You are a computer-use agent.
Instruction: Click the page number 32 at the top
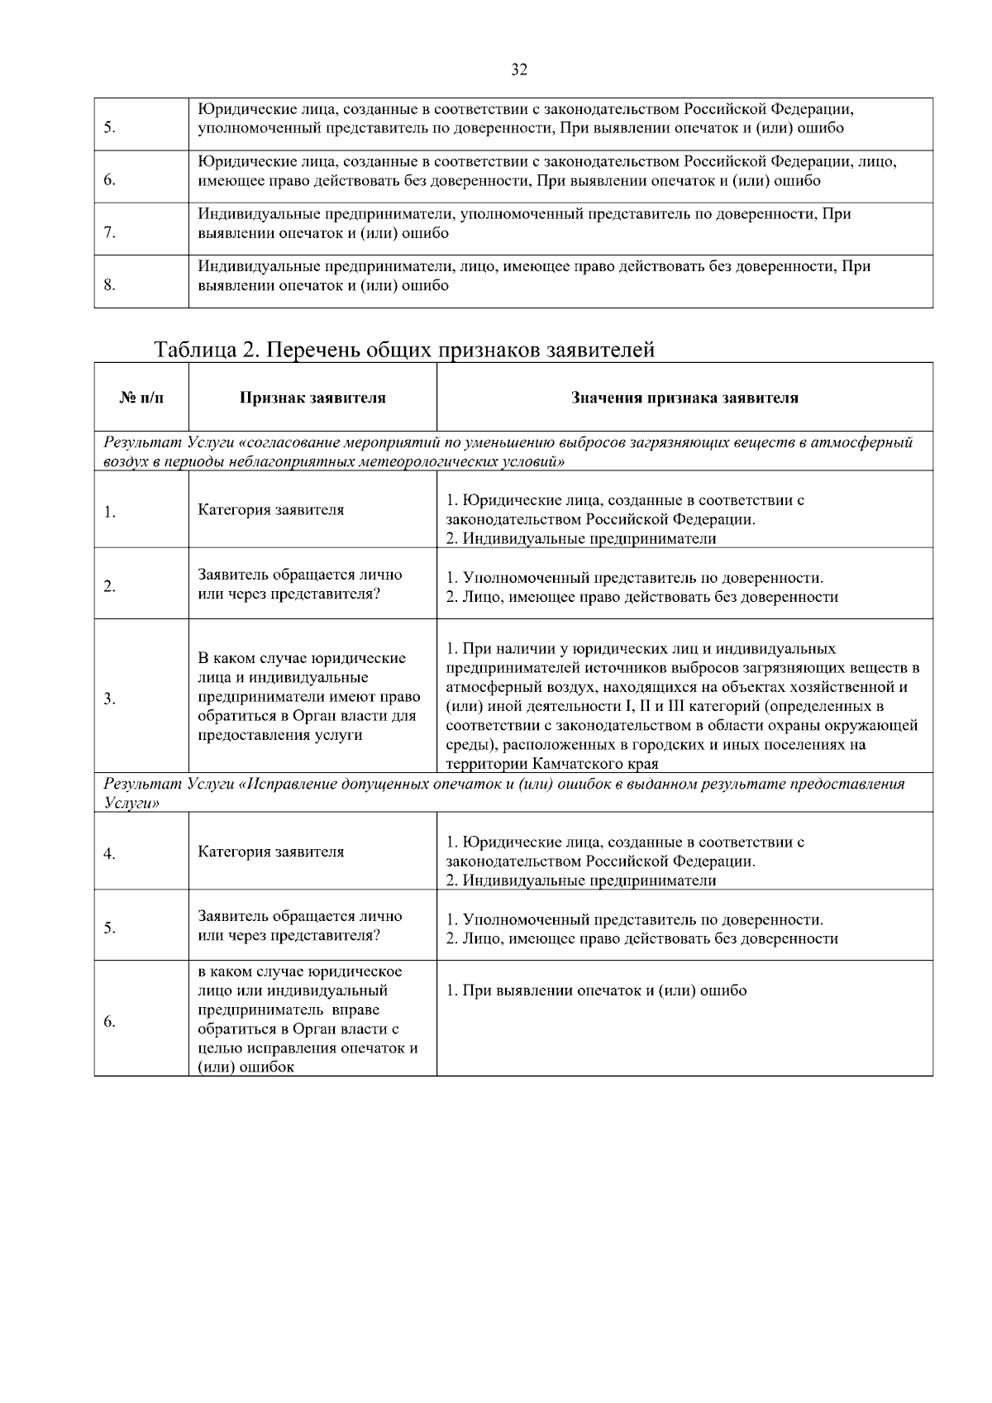pos(519,70)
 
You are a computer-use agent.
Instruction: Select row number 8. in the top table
pos(109,286)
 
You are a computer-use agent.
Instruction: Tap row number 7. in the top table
pos(109,233)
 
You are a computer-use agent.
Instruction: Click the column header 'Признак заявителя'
pos(312,398)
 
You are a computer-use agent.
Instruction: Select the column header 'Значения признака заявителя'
pos(684,398)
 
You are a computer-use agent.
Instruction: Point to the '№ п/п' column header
pos(141,398)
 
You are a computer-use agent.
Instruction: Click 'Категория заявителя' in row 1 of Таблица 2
pos(270,509)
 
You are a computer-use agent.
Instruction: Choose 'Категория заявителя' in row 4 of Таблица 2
pos(270,852)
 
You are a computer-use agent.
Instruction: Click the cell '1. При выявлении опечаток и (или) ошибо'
pos(596,990)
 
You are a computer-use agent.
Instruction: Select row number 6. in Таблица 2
pos(109,1022)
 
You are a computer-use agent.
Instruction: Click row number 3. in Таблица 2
pos(109,699)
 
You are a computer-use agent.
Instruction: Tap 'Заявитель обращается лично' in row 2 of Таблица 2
pos(300,575)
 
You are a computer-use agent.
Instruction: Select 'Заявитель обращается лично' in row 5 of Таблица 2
pos(300,916)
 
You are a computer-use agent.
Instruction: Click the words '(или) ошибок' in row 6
pos(246,1067)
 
